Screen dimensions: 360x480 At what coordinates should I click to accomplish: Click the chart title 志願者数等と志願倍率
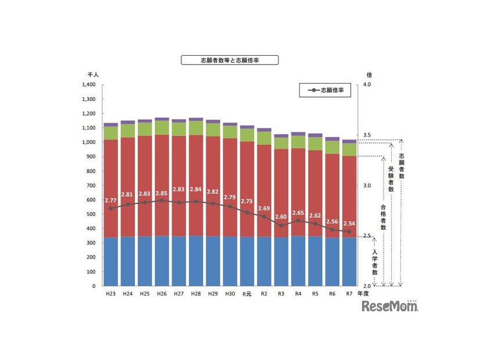[x=230, y=60]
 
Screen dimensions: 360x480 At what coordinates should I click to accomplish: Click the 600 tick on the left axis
[x=90, y=200]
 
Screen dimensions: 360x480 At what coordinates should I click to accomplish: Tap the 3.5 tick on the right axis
[x=367, y=135]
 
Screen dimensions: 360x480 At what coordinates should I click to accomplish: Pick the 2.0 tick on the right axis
[x=367, y=286]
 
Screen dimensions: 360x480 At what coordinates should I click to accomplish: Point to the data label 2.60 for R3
[x=281, y=217]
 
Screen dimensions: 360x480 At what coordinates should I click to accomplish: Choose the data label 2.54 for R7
[x=350, y=224]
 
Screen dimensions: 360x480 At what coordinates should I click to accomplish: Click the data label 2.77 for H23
[x=111, y=200]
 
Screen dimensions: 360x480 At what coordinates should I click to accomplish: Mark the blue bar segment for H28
[x=196, y=261]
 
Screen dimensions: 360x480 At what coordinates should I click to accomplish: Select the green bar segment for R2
[x=264, y=138]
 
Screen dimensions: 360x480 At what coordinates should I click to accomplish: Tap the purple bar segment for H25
[x=145, y=121]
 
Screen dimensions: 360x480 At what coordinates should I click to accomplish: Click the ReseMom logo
[x=390, y=306]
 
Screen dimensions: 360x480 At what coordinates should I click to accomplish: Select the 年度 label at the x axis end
[x=363, y=294]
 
